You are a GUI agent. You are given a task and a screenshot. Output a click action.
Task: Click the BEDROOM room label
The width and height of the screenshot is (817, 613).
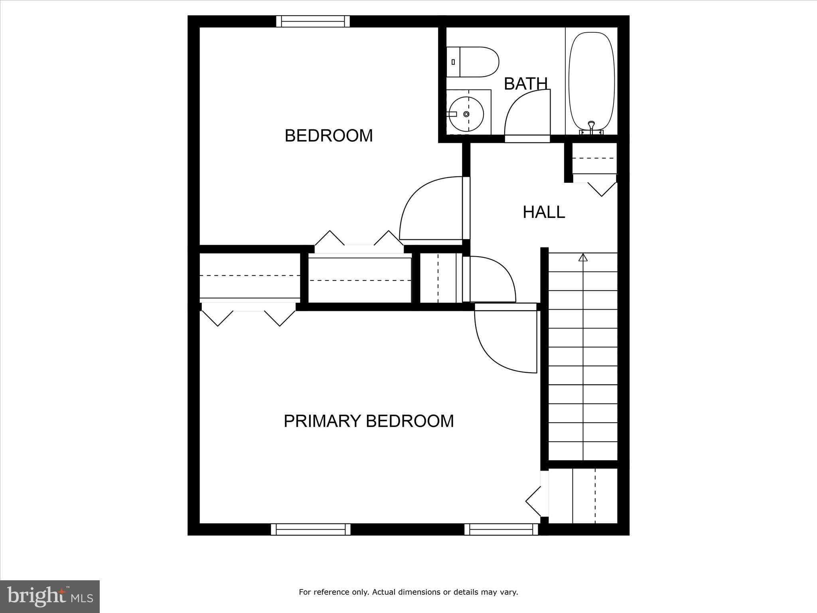(x=329, y=136)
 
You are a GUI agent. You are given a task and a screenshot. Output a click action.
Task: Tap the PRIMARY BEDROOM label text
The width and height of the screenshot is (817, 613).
(x=369, y=421)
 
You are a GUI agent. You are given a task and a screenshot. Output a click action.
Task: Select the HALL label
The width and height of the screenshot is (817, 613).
(x=544, y=212)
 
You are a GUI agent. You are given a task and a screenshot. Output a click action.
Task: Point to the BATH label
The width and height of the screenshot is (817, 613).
(x=526, y=84)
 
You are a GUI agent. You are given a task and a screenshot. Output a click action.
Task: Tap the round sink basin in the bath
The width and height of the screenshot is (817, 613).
(x=466, y=114)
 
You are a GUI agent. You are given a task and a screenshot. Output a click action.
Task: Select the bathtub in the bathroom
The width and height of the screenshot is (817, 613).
(x=592, y=80)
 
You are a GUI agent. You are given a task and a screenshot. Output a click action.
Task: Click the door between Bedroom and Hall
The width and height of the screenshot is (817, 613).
(x=427, y=212)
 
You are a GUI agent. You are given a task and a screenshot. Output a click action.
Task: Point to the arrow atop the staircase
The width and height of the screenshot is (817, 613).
(x=583, y=257)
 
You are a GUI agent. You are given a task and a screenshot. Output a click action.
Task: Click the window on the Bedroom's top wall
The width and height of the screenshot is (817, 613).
(x=313, y=21)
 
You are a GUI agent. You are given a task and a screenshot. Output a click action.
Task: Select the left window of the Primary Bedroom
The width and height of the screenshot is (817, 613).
(x=311, y=529)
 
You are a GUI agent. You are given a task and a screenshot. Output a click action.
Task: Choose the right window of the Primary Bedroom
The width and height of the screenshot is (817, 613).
(x=501, y=529)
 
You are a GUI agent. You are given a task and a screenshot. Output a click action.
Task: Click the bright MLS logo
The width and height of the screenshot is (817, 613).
(x=50, y=597)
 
